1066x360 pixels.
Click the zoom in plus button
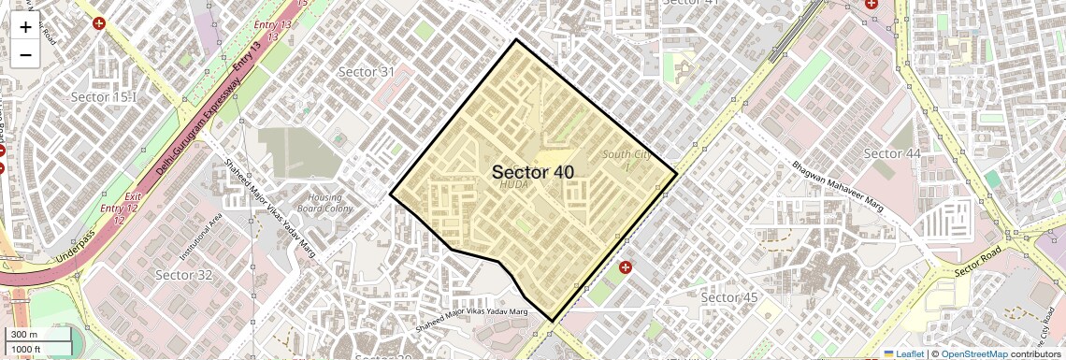click(x=25, y=26)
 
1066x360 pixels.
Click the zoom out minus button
click(x=25, y=54)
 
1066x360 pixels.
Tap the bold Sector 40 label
click(x=532, y=172)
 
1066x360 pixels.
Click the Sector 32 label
click(x=184, y=275)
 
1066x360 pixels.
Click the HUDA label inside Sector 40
click(x=514, y=185)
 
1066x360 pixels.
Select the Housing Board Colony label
click(x=325, y=203)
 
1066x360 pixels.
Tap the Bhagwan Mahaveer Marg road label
click(x=838, y=187)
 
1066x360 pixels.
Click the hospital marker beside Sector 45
click(x=626, y=267)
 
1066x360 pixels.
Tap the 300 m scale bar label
click(x=24, y=335)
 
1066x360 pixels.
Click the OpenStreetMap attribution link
click(x=973, y=353)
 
